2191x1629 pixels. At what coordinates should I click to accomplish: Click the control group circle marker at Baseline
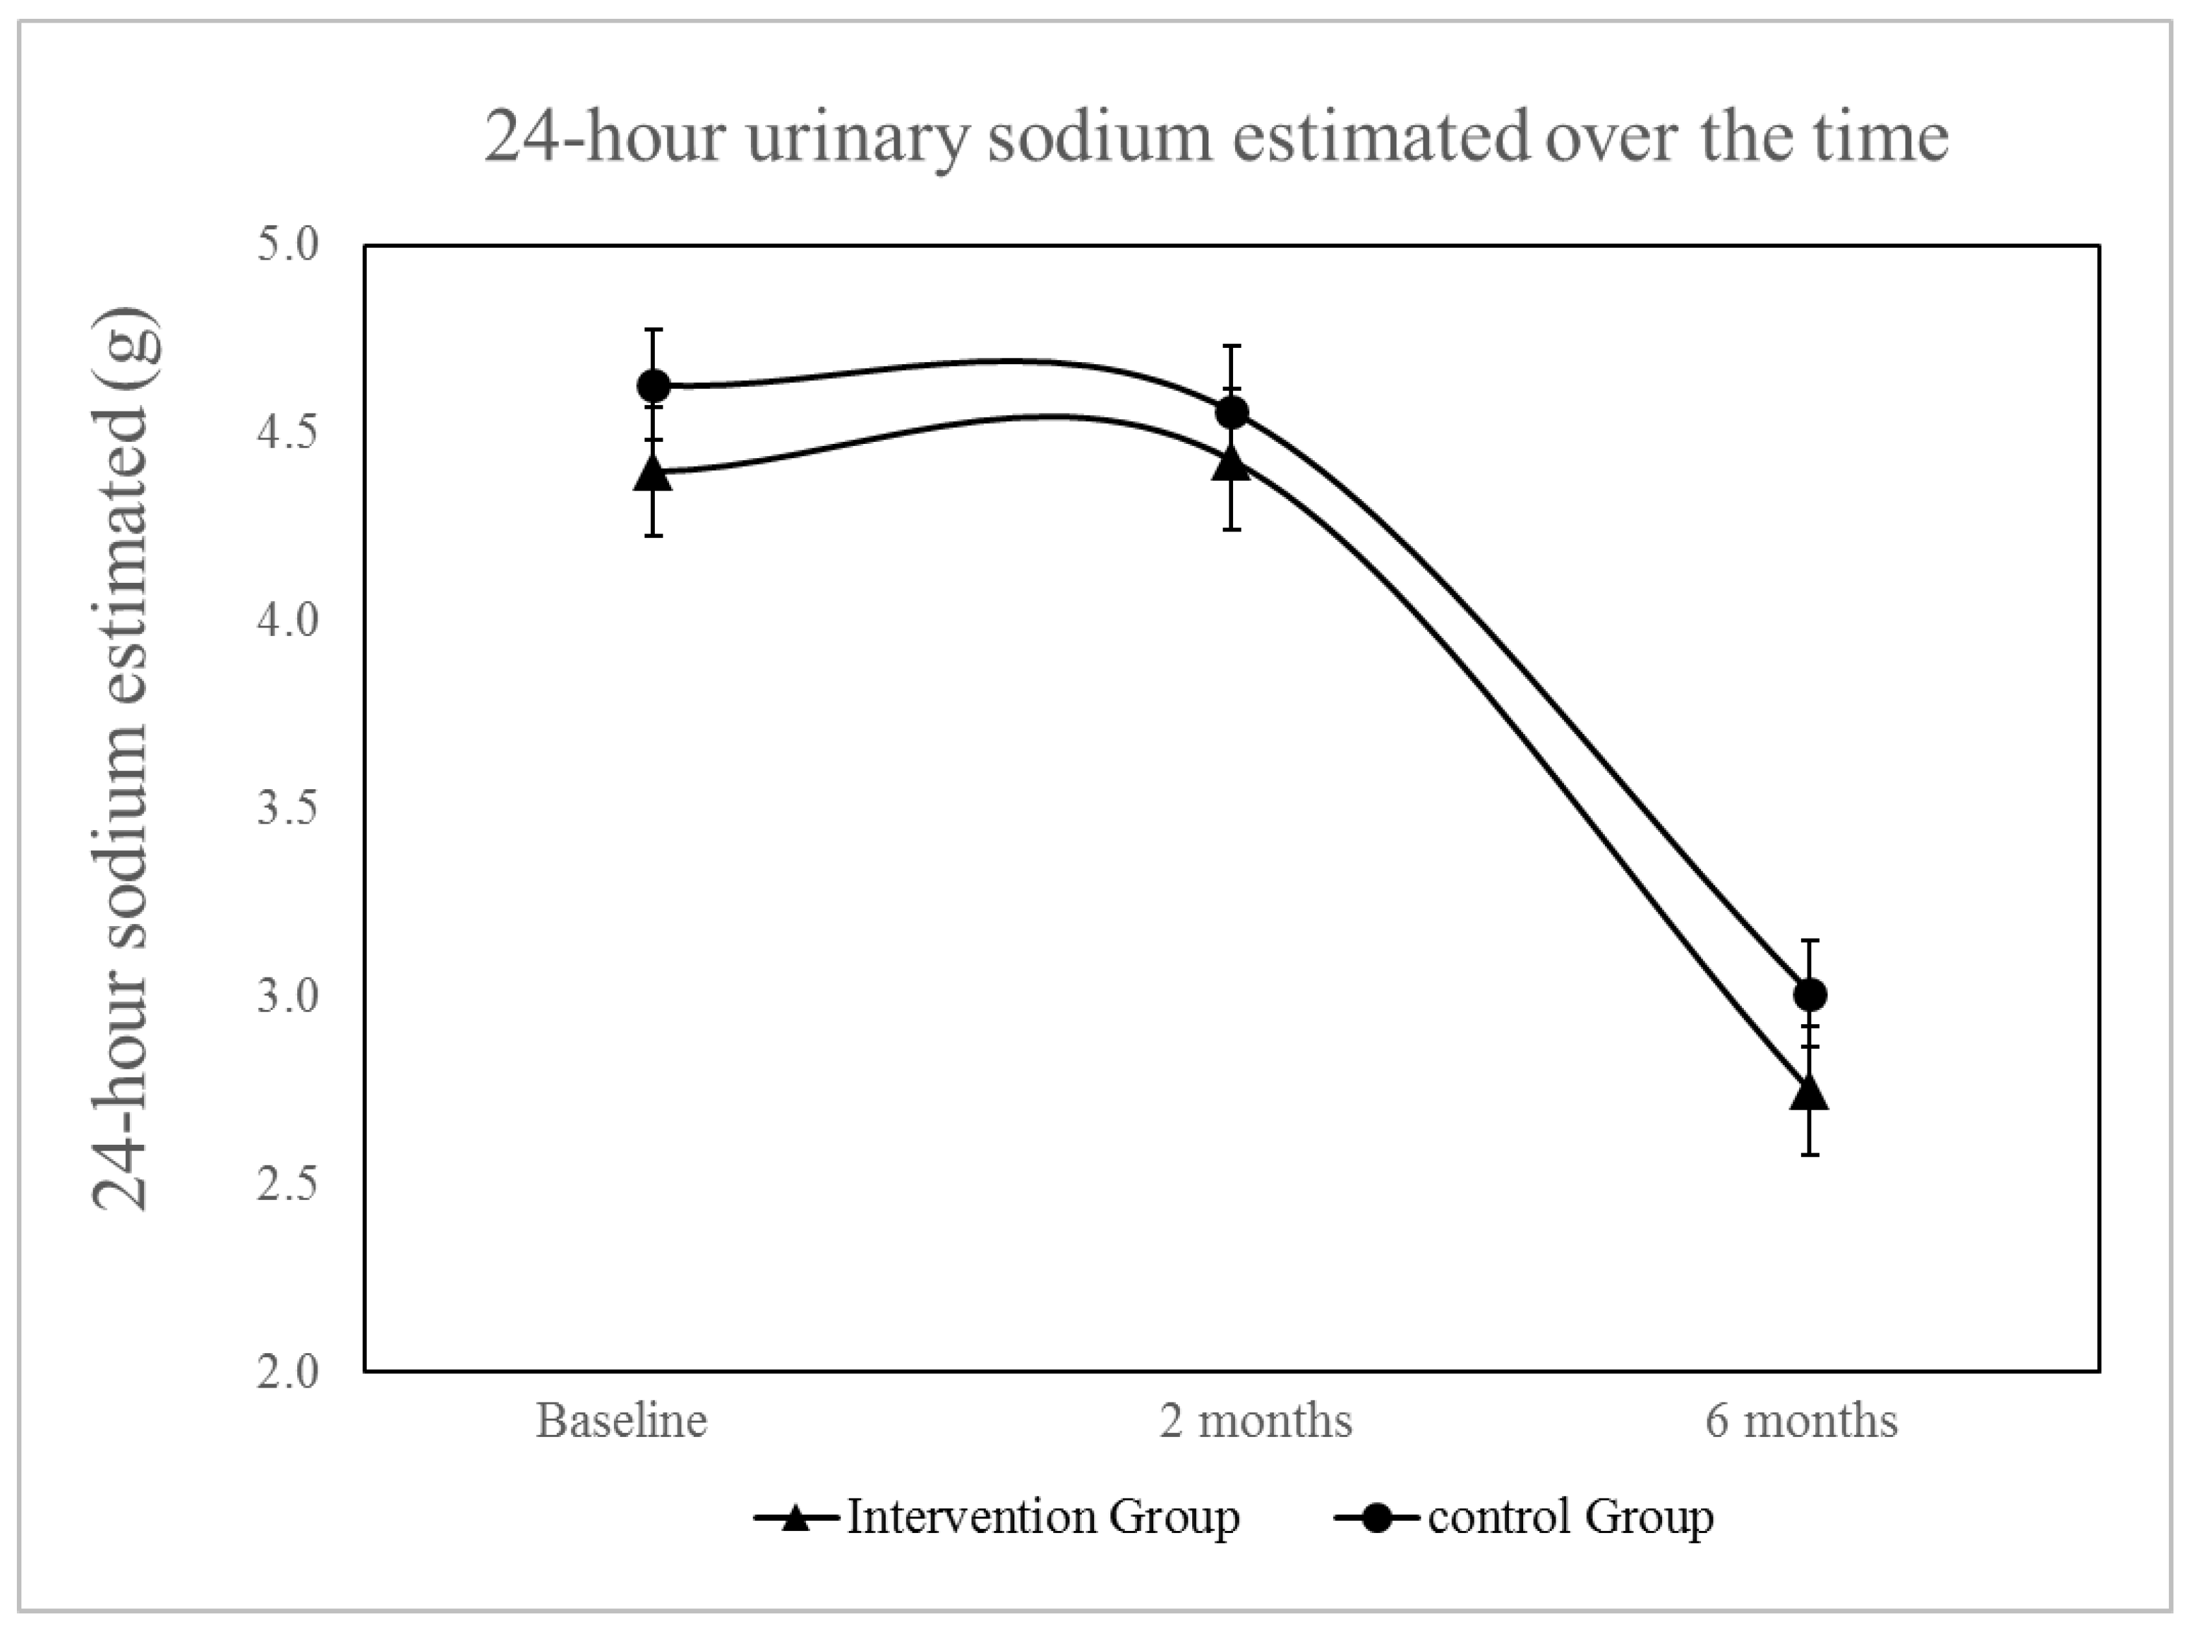point(653,386)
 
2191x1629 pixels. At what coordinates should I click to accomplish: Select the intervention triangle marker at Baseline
point(653,473)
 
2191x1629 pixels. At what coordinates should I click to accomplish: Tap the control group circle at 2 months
point(1232,412)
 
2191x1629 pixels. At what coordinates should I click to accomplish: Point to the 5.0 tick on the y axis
point(288,245)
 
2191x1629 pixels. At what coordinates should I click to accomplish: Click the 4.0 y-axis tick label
point(288,621)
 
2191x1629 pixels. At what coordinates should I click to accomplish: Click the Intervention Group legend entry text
point(1043,1517)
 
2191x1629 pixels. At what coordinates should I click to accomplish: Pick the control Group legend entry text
point(1571,1517)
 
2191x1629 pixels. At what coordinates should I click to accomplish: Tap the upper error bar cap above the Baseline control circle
point(653,329)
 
